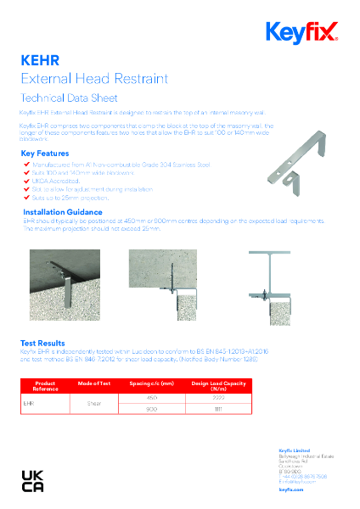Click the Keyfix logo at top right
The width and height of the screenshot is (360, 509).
(301, 33)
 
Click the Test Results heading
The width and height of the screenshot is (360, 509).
(43, 343)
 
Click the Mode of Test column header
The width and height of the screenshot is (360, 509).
(94, 383)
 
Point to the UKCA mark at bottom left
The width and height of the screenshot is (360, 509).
(35, 480)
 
